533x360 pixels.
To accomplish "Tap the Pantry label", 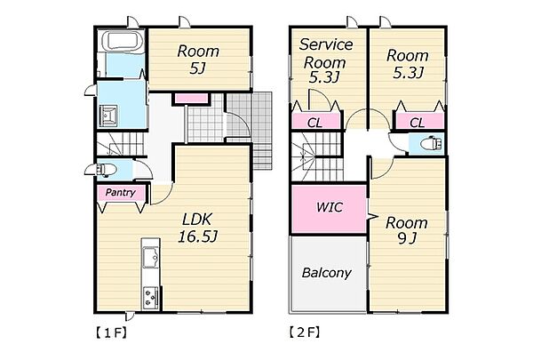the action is pos(120,193).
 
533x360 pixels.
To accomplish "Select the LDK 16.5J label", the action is pos(197,228).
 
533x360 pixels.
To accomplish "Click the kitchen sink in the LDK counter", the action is pos(150,254).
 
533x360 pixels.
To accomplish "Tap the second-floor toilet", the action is pos(432,143).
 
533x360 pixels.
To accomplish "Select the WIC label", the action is pos(330,207).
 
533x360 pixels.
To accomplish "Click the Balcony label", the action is pos(326,273).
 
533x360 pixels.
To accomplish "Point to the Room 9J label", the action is pos(407,231).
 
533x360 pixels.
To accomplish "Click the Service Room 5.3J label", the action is pos(324,61).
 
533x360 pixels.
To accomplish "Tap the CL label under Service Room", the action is pos(314,123).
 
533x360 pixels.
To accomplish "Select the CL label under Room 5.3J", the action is pos(418,123).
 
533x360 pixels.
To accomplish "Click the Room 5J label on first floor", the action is pos(198,60).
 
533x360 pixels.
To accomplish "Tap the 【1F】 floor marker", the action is pos(111,332).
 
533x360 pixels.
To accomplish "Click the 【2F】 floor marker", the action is pos(305,332).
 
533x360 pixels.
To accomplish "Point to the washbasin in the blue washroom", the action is pos(108,116).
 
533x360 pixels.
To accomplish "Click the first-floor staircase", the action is pos(121,144).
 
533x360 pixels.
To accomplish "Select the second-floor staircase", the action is pos(317,156).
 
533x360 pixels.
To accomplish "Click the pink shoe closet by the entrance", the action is pos(191,99).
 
